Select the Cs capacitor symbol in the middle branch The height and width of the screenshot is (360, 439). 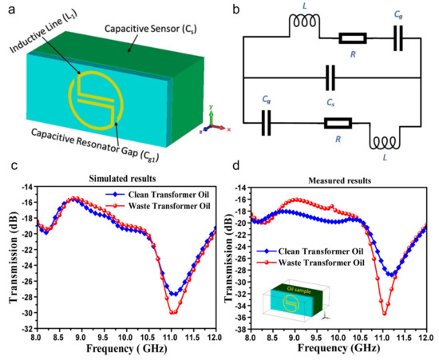[330, 79]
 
